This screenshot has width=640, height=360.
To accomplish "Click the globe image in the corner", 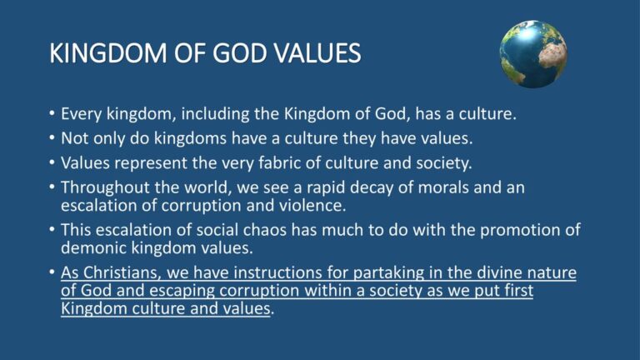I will (533, 54).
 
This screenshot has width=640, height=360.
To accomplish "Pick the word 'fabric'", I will (280, 162).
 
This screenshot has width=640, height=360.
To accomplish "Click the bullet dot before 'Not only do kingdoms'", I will (52, 139).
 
